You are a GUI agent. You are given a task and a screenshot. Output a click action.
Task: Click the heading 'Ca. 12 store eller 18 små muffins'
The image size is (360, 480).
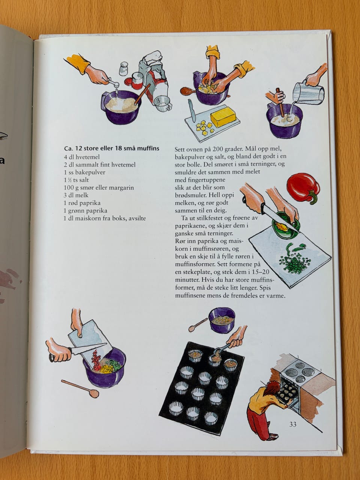112,148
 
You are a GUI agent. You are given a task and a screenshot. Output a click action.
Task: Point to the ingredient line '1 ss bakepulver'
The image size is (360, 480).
85,172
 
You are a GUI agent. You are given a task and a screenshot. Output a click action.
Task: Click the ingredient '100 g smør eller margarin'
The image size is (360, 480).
99,187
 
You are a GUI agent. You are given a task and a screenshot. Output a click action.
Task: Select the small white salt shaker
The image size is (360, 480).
123,69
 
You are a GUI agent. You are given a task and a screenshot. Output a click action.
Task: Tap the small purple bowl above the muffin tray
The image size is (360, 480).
222,320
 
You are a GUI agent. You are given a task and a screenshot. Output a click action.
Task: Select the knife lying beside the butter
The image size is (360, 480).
192,110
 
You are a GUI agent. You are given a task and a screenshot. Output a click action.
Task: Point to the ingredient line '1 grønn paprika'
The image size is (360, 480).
85,211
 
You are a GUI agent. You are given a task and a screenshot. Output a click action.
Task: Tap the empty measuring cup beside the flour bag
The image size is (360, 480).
162,103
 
